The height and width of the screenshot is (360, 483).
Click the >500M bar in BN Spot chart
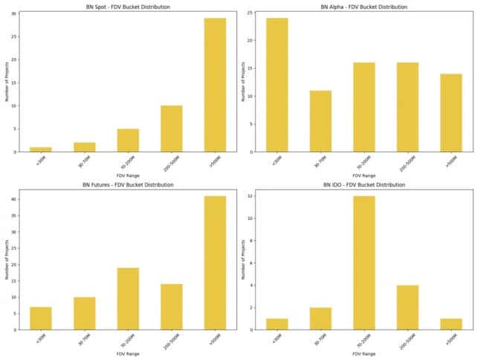(x=215, y=85)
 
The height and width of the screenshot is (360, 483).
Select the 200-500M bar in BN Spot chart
(x=171, y=129)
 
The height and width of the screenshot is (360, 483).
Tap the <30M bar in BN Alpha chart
(x=277, y=85)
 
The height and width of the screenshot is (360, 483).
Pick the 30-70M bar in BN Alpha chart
(x=321, y=121)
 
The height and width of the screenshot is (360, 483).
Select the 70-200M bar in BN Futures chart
(x=128, y=298)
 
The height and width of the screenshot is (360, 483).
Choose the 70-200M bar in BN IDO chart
(x=364, y=263)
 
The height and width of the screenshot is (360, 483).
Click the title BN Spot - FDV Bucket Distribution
(x=128, y=7)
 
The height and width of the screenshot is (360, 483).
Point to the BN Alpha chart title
(x=364, y=7)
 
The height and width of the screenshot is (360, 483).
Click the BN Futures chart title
(x=128, y=184)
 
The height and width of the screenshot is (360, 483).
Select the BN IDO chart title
(x=364, y=184)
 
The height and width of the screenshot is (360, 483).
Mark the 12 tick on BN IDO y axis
(x=253, y=196)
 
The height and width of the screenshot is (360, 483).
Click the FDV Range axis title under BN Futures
(x=128, y=354)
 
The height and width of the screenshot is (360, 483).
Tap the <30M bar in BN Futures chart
(x=41, y=318)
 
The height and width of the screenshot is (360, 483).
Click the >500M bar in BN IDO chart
(x=451, y=324)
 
